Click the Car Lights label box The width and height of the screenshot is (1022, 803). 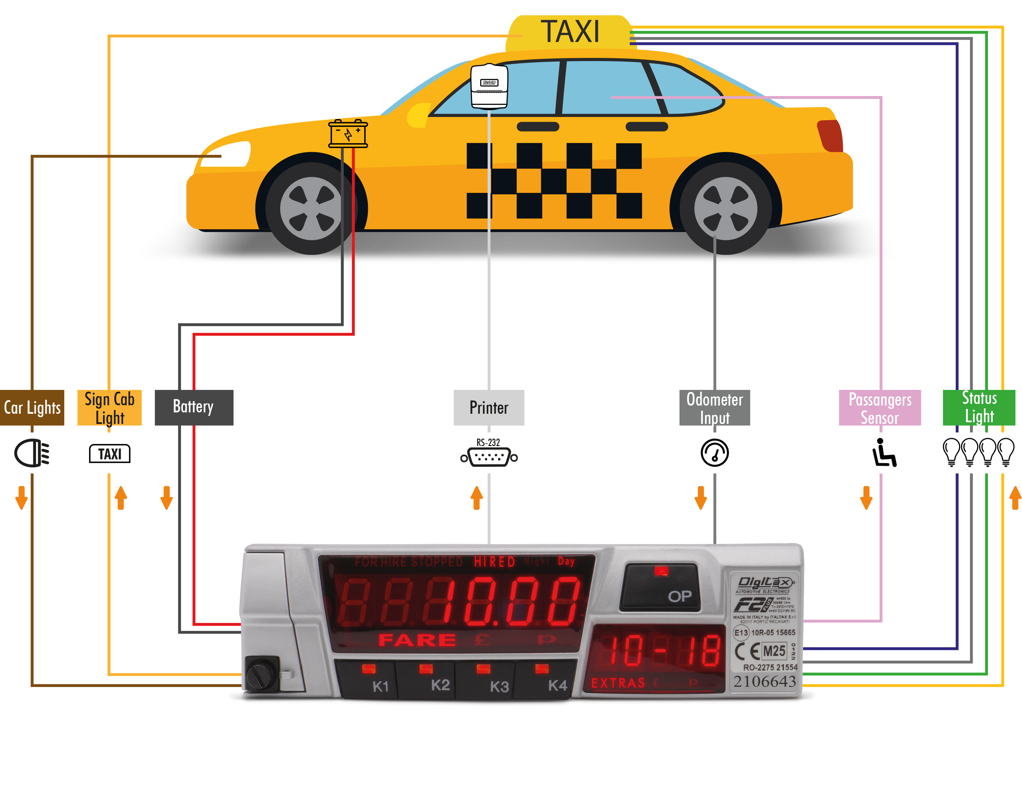(x=32, y=407)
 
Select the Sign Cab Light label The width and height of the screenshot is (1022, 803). (x=109, y=407)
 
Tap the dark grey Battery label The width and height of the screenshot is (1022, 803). (x=193, y=407)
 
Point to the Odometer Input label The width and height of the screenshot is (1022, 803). (x=714, y=407)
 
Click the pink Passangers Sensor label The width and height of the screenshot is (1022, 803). (x=879, y=407)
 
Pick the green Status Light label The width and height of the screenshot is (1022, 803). (x=978, y=407)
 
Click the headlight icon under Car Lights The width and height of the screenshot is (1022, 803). (x=32, y=453)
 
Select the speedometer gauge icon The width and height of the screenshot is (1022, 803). (x=714, y=453)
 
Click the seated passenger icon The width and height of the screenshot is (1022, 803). (x=883, y=453)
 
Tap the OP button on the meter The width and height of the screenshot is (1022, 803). (x=660, y=588)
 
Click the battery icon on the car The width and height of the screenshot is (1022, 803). (x=348, y=133)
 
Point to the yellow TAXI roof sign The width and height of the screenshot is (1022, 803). (x=569, y=32)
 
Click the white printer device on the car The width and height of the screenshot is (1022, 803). (x=489, y=85)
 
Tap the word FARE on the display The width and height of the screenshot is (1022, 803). (x=417, y=640)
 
